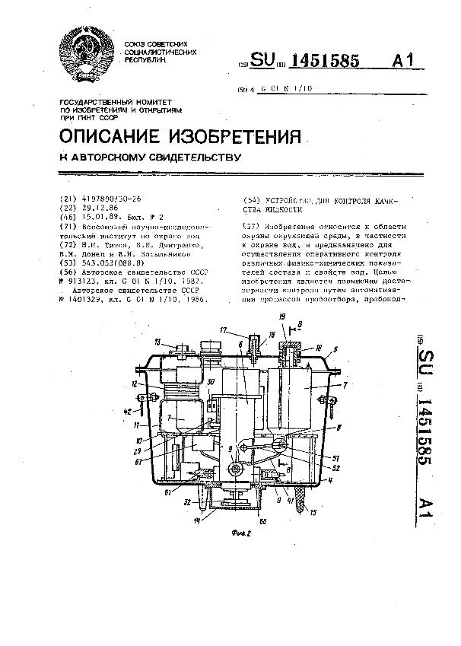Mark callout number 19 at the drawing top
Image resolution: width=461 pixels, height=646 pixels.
[x=281, y=314]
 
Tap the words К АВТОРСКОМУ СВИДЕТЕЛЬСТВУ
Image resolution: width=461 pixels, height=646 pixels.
[x=150, y=158]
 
